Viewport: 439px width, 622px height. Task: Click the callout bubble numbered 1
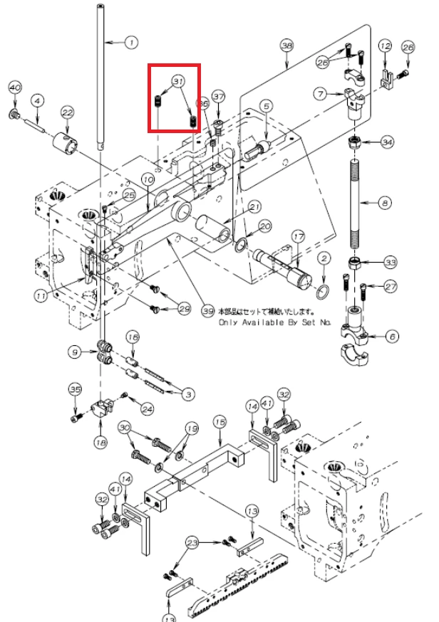click(130, 43)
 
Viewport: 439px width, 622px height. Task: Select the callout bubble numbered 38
click(287, 46)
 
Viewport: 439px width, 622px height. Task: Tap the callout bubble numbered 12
click(385, 46)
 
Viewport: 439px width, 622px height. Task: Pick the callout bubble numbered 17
click(298, 236)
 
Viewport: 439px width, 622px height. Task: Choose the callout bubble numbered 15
click(219, 422)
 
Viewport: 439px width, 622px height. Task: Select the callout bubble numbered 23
click(191, 543)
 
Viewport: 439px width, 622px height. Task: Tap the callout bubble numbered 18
click(100, 442)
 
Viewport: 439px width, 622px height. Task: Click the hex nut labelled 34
click(354, 142)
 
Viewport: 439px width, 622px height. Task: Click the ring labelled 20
click(243, 246)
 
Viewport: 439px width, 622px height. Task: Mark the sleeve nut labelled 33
click(355, 263)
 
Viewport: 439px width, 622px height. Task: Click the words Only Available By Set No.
click(274, 322)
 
